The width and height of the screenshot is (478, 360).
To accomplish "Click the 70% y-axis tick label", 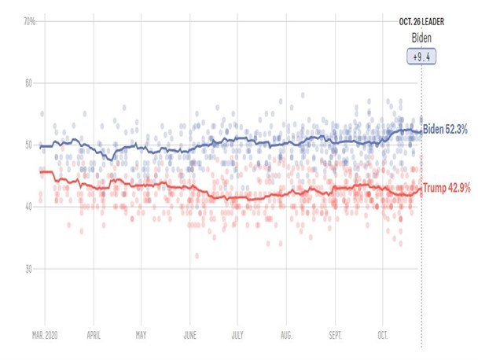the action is tap(30, 22).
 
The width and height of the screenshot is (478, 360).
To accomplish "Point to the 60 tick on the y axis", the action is tap(28, 83).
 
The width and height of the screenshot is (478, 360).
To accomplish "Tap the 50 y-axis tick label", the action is tap(28, 145).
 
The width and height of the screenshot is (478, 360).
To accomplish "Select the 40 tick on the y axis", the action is tap(28, 207).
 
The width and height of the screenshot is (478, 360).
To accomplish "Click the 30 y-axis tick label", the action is tap(28, 269).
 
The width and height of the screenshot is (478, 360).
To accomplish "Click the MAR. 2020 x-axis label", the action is tap(45, 336).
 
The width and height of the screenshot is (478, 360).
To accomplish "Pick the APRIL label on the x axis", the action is tap(94, 336).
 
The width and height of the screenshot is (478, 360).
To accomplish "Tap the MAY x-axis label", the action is tap(141, 336).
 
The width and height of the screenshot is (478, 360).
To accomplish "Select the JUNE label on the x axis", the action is tap(190, 336).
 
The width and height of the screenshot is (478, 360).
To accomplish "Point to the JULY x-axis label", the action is tap(237, 336).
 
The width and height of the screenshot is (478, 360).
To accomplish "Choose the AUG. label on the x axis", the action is tap(286, 336).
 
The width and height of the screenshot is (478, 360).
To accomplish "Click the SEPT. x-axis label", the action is tap(336, 336).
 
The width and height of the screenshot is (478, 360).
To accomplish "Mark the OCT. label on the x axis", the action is tap(383, 336).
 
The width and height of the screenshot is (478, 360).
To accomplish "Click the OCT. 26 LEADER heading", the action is tap(421, 22).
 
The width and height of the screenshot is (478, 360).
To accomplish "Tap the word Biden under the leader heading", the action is tap(421, 38).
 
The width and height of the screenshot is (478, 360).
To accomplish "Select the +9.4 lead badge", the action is tap(421, 57).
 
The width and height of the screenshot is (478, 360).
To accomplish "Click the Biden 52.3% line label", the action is tap(445, 129).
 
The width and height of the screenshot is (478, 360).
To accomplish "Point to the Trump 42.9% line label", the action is tap(447, 188).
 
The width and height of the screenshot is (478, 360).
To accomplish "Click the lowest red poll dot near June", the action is tap(197, 255).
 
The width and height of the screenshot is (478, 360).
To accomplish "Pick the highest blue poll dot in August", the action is tap(303, 95).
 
